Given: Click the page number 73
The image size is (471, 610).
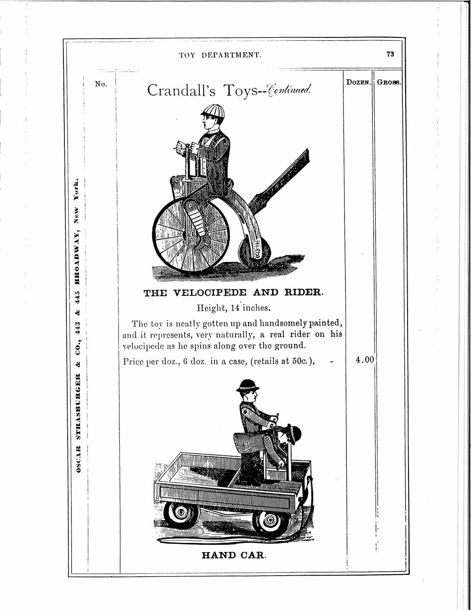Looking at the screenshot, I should click(x=390, y=54).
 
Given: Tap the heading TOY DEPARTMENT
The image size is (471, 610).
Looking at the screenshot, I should click(x=220, y=55).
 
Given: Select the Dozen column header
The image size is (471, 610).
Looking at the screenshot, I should click(x=359, y=82).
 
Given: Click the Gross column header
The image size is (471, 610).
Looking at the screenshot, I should click(x=388, y=82).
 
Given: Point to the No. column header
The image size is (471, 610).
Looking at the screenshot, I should click(x=101, y=84).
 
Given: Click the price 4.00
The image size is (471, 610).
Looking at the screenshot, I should click(x=364, y=360).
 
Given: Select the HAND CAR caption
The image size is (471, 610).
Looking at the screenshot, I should click(x=234, y=555).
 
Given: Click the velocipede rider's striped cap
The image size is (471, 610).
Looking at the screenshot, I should click(x=212, y=111).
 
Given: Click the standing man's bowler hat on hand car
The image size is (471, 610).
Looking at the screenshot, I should click(x=248, y=385).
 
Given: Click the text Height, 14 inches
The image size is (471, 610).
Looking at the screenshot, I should click(x=233, y=309).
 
